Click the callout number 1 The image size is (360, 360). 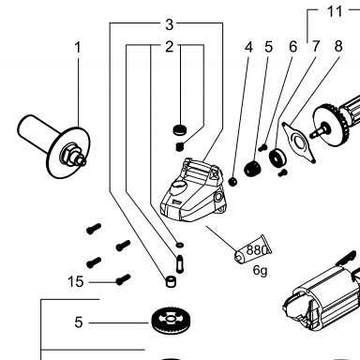[78, 48]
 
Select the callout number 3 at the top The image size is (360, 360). [169, 24]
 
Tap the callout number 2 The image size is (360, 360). [169, 47]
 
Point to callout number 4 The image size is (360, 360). [248, 47]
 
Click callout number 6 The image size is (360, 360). [292, 47]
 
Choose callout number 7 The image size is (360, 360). [316, 47]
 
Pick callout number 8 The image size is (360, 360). [338, 46]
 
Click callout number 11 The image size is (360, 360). [335, 11]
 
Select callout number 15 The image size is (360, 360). [76, 282]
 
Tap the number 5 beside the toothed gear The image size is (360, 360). [79, 322]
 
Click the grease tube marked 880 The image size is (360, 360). [253, 249]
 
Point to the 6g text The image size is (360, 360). [261, 270]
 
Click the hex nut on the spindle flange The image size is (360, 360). [68, 153]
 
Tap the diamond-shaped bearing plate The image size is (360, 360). [299, 142]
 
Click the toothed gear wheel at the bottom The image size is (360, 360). [171, 322]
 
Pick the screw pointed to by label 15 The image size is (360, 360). [123, 279]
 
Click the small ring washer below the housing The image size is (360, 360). [180, 245]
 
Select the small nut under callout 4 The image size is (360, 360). [232, 181]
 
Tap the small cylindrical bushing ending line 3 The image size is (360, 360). [171, 281]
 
